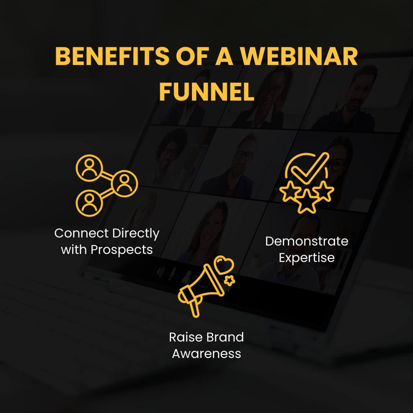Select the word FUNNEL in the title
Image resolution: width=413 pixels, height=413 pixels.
(206, 91)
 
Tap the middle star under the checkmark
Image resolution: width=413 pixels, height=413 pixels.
(307, 202)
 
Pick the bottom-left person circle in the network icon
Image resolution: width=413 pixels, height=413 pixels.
(89, 201)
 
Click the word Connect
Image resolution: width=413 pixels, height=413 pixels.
(78, 233)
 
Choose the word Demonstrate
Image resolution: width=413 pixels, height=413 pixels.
(307, 241)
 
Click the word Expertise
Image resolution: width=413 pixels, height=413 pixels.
(307, 258)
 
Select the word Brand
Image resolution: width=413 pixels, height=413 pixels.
(225, 337)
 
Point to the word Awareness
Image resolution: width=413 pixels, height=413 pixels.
(206, 353)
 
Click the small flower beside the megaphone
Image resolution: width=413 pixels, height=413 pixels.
(229, 281)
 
